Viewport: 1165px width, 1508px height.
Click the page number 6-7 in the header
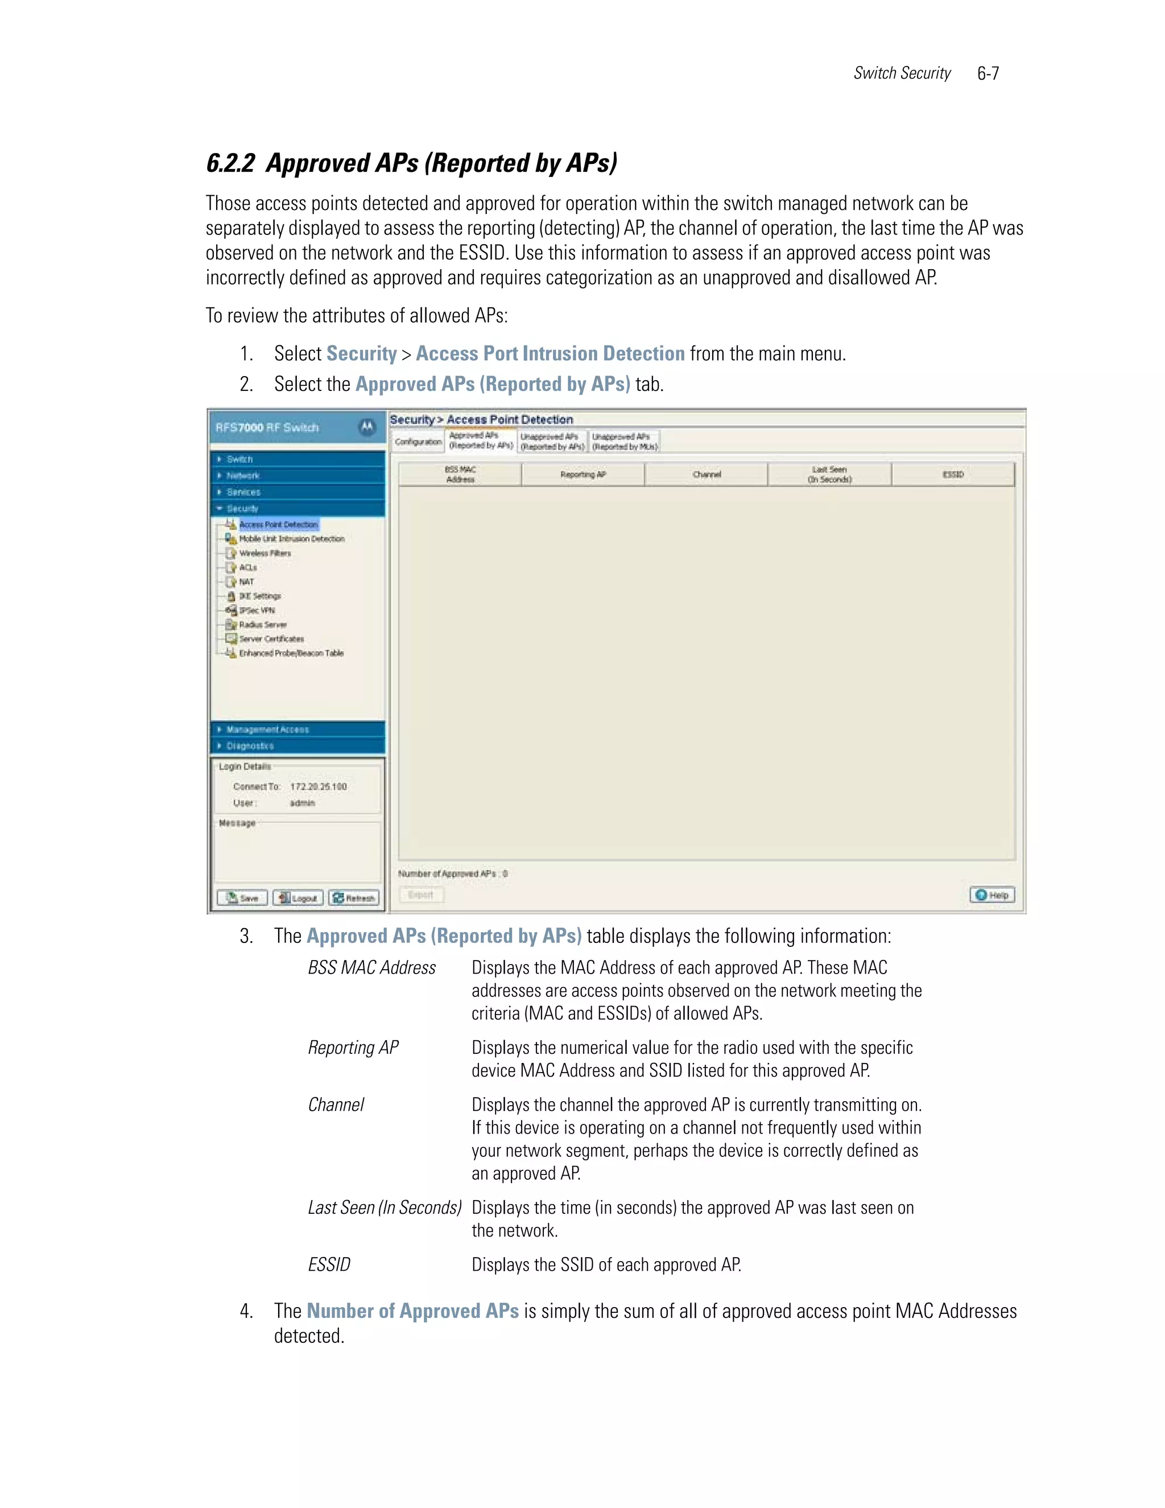[988, 74]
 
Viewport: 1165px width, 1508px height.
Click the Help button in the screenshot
[992, 895]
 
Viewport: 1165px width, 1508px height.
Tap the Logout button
[298, 897]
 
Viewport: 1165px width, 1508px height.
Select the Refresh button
[354, 897]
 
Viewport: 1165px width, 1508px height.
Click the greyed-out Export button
[421, 895]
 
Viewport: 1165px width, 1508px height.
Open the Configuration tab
[418, 442]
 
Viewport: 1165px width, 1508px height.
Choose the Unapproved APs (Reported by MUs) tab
[625, 442]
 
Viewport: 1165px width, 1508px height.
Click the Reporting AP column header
[582, 475]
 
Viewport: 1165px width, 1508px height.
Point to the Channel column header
[706, 475]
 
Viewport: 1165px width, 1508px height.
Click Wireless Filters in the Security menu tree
[265, 553]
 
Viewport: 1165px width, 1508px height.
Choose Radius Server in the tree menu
[262, 624]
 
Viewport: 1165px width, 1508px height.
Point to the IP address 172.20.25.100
[318, 786]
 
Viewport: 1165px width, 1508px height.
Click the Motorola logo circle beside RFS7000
[367, 427]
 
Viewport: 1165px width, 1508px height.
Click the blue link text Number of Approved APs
[412, 1311]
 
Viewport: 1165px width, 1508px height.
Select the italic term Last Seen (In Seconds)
[384, 1208]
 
